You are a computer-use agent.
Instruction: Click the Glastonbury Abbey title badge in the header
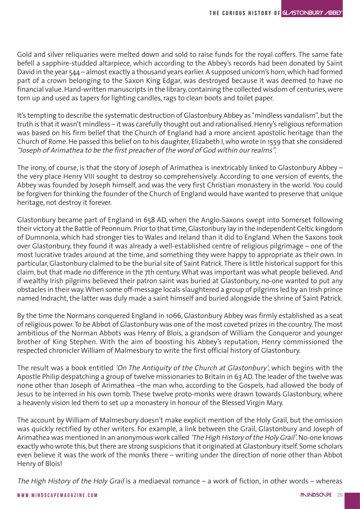tap(312, 13)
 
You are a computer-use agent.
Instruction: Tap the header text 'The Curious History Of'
tap(244, 14)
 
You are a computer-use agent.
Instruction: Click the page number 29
tap(339, 495)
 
